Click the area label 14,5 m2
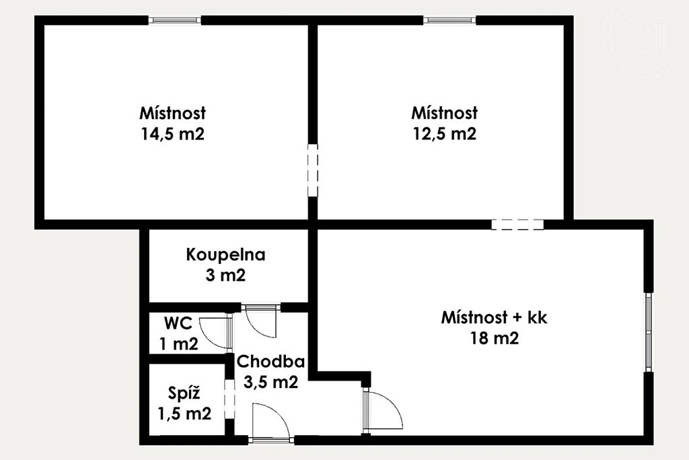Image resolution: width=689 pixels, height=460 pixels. (x=173, y=134)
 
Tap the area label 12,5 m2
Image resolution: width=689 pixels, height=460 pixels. (x=444, y=134)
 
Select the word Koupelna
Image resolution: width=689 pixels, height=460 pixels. (x=225, y=255)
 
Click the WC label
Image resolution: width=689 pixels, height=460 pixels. (x=178, y=324)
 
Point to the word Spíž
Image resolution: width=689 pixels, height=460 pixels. (x=184, y=393)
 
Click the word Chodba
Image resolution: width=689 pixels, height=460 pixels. (x=270, y=362)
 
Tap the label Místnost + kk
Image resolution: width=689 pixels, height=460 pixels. (x=495, y=317)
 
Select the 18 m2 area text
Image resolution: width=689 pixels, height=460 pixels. (x=495, y=338)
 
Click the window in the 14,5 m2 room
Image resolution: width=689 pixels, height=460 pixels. (x=174, y=20)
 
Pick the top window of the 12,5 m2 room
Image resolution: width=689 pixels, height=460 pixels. (x=450, y=20)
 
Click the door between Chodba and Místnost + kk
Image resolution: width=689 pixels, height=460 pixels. (x=382, y=410)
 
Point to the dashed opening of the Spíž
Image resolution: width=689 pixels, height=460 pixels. (x=229, y=399)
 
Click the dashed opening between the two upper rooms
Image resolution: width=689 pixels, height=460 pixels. (x=312, y=170)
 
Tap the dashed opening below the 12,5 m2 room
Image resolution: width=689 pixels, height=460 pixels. (x=517, y=224)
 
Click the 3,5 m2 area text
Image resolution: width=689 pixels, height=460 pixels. (x=270, y=382)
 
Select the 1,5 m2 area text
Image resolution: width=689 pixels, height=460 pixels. (x=184, y=414)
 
